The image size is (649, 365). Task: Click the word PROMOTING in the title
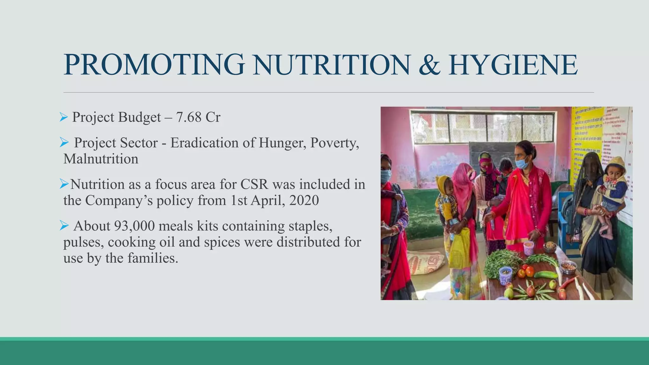pos(154,65)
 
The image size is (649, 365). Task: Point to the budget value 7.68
pos(189,117)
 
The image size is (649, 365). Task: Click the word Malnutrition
pos(101,159)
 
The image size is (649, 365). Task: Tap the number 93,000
pos(134,226)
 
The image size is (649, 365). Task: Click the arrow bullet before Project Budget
pos(64,118)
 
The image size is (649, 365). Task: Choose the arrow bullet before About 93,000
pos(64,226)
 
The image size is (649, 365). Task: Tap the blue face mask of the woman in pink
pos(522,163)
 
